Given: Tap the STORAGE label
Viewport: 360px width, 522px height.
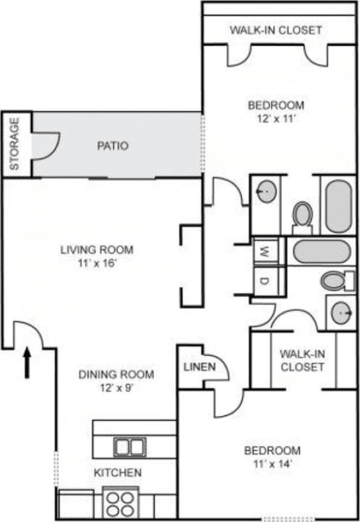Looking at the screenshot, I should [x=15, y=144].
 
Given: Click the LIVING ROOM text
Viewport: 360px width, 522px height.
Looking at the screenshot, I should [x=97, y=250].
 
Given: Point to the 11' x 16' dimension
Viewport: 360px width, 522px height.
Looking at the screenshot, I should [x=97, y=262].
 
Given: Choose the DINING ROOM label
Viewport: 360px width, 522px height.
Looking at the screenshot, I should [x=116, y=375].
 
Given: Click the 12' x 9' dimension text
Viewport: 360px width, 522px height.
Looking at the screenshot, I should [x=116, y=388].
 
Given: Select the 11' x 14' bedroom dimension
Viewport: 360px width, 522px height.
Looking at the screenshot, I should [x=272, y=465].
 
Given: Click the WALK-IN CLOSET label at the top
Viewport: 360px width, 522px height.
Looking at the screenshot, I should [x=276, y=30].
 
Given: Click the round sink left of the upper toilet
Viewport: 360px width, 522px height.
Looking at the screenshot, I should [x=266, y=193].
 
